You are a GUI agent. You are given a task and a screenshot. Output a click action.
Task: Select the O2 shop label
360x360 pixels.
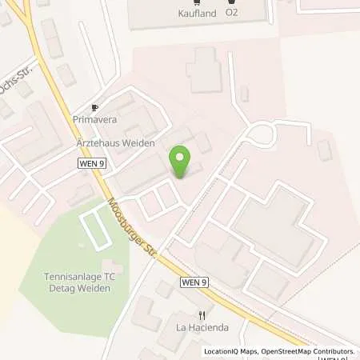point(232,14)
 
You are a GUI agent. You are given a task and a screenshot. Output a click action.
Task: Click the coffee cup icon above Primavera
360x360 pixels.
point(94,107)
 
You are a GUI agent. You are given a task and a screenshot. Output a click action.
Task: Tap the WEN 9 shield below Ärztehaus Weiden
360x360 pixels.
point(91,163)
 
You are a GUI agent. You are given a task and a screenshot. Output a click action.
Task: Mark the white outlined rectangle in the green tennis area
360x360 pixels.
point(94,229)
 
